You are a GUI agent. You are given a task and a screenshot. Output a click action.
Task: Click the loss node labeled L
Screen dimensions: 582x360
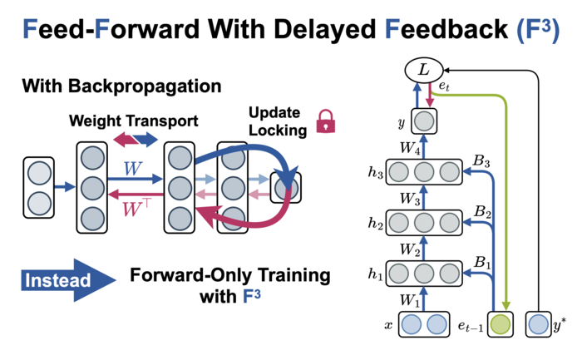423,70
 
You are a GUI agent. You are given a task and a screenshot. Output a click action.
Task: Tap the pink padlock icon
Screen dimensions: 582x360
326,121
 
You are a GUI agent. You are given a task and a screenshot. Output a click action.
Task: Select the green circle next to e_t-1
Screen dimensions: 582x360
500,324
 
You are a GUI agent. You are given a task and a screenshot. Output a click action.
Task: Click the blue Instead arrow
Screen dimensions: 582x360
68,280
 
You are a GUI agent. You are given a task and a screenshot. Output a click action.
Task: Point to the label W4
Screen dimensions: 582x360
410,148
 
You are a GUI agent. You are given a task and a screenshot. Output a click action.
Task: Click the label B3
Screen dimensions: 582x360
481,160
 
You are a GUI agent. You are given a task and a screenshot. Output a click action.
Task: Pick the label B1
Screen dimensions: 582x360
482,263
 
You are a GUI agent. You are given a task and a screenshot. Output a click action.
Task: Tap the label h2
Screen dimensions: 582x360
375,223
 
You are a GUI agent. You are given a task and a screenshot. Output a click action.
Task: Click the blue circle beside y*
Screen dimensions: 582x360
538,324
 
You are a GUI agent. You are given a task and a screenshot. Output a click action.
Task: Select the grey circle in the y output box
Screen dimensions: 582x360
424,121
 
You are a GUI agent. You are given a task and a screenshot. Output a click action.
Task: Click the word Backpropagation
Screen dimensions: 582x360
145,86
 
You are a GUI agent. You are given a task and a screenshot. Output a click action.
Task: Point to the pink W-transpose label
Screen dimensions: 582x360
136,208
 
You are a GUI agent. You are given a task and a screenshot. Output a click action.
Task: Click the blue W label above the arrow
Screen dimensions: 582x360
133,169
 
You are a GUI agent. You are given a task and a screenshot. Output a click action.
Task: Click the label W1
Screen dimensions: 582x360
410,300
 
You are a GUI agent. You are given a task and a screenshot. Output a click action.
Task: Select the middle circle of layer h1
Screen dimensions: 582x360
424,274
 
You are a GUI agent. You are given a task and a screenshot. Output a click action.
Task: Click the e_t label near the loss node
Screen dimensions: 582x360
444,86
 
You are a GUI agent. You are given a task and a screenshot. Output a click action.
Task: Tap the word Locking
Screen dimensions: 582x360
278,131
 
